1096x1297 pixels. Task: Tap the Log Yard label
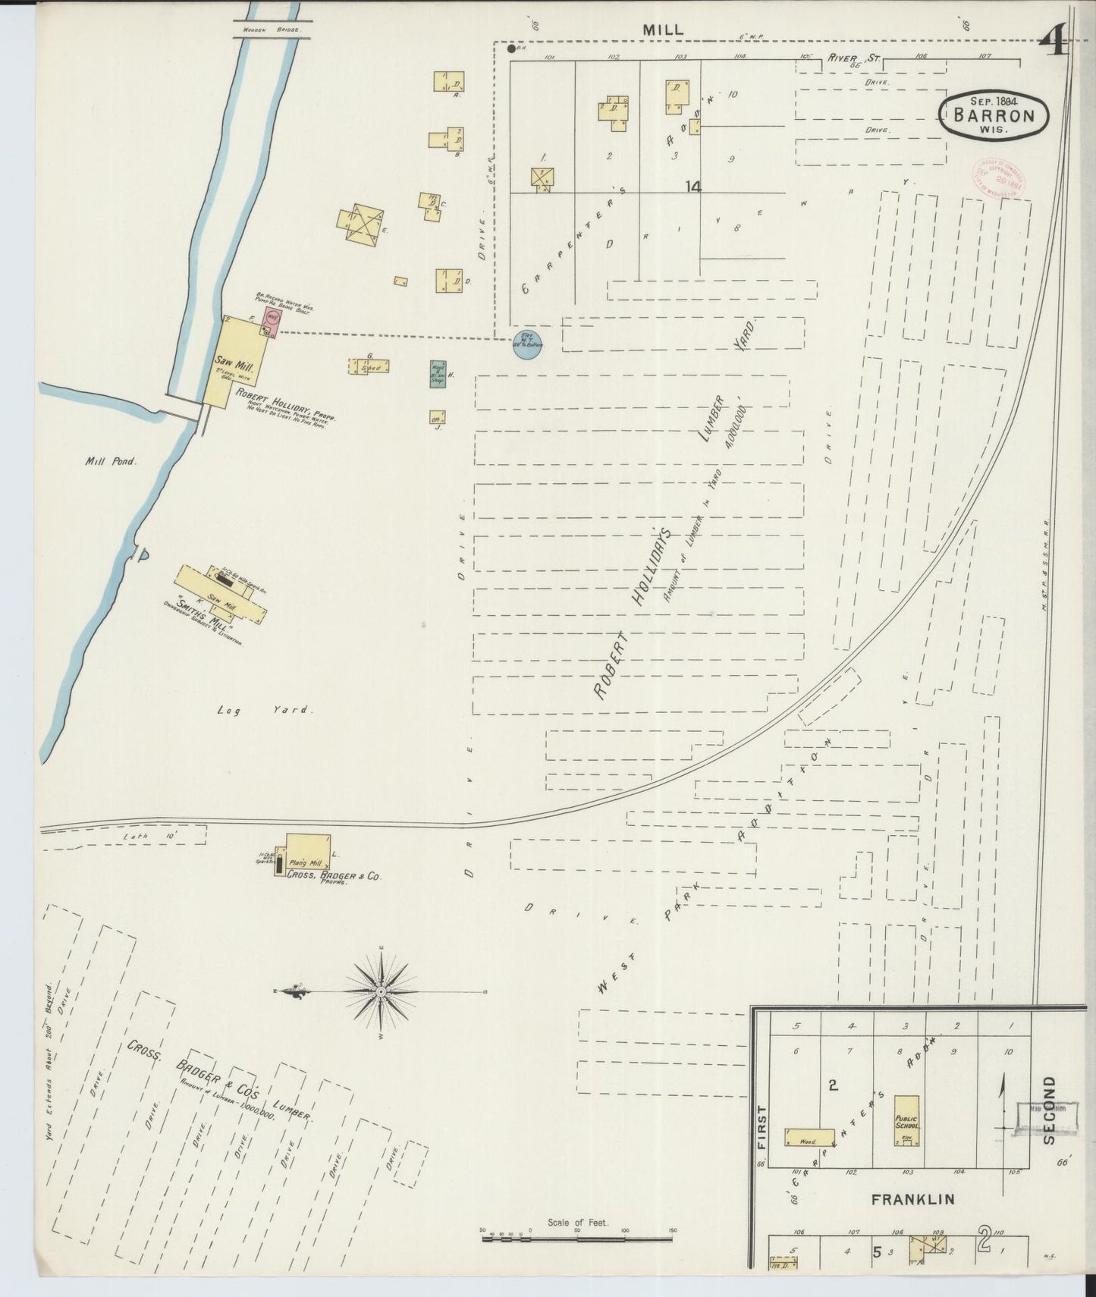click(x=263, y=711)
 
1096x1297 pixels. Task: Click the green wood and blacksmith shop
click(x=437, y=374)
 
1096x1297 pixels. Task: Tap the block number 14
click(x=692, y=186)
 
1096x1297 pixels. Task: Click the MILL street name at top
click(x=663, y=30)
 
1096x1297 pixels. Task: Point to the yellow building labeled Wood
click(x=809, y=1136)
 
